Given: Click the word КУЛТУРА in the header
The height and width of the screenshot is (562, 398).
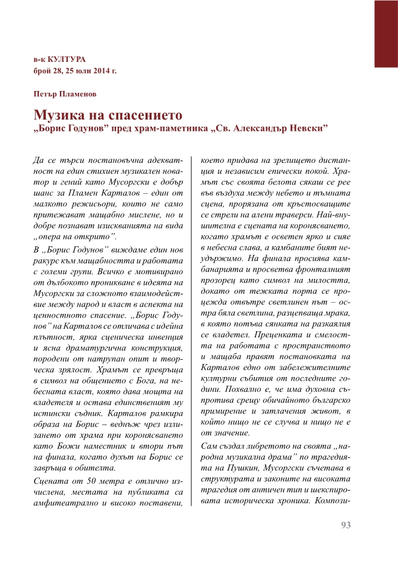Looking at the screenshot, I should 65,59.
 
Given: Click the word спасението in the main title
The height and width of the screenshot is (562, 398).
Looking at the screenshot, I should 142,114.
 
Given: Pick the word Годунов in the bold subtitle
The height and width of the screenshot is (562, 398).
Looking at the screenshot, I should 91,128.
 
